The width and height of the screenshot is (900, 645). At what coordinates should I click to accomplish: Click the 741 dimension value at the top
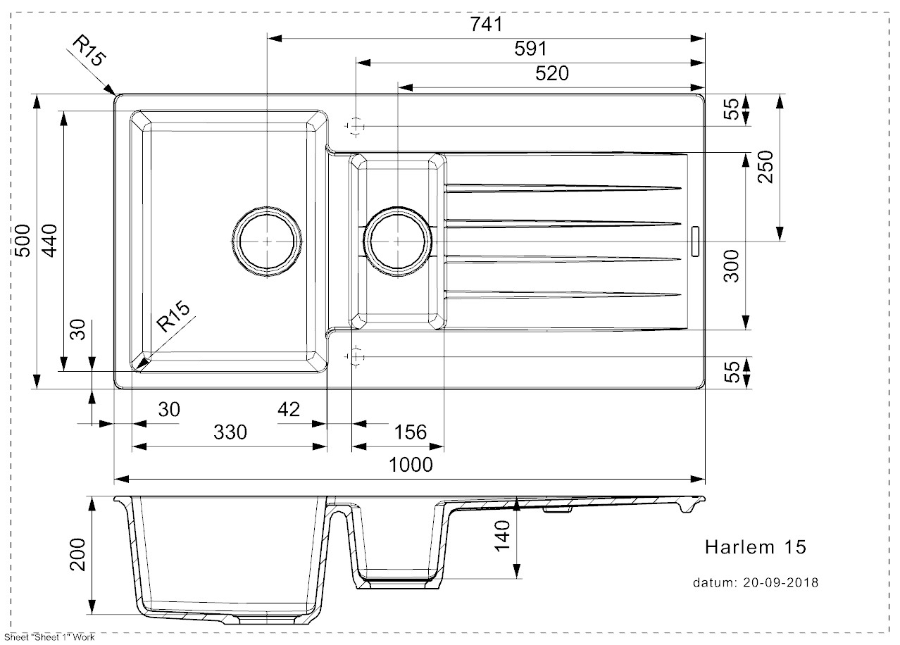[x=486, y=24]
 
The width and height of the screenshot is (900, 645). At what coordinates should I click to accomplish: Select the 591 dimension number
[x=531, y=49]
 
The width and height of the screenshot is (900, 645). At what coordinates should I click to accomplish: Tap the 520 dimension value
[x=552, y=73]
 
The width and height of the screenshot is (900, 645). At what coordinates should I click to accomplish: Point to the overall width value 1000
[x=411, y=465]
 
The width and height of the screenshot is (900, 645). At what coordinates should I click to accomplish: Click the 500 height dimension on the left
[x=23, y=241]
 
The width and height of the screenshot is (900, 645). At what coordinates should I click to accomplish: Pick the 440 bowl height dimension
[x=50, y=241]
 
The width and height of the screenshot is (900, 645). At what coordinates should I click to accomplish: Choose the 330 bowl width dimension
[x=230, y=432]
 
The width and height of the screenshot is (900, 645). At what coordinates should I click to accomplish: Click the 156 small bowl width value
[x=411, y=432]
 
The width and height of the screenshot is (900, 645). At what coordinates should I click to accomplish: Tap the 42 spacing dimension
[x=289, y=409]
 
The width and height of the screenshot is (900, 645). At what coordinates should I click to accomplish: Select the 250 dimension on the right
[x=765, y=167]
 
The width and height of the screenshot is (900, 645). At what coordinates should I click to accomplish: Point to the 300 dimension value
[x=731, y=266]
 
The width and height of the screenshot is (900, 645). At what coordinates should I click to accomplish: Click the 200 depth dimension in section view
[x=78, y=554]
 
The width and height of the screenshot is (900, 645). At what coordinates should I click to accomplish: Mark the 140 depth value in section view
[x=502, y=536]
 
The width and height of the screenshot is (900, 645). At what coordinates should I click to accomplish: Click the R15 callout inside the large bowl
[x=173, y=316]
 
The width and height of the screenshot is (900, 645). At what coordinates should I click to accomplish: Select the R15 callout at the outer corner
[x=90, y=51]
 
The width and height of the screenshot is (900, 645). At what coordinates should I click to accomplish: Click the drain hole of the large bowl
[x=267, y=242]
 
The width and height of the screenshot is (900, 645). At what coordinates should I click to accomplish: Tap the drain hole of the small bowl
[x=397, y=242]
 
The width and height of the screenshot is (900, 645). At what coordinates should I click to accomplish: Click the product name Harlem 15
[x=756, y=547]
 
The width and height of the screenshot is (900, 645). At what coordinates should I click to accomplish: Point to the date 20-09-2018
[x=780, y=582]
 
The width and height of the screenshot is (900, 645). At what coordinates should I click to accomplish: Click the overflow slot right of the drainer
[x=695, y=241]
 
